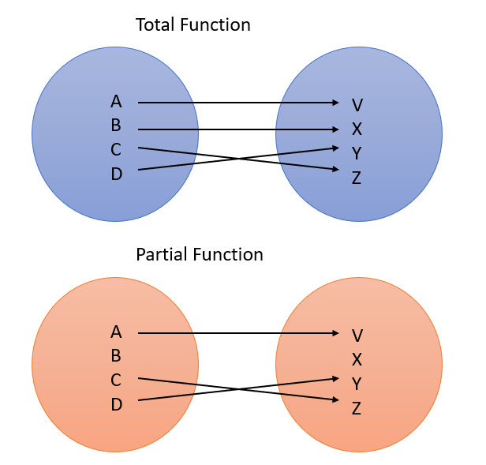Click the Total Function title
[193, 25]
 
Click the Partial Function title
[199, 255]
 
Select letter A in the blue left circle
[117, 102]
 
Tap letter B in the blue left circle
[117, 126]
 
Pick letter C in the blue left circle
[117, 149]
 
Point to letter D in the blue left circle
[117, 174]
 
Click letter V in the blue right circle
[357, 105]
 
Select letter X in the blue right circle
[357, 129]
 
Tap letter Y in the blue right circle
[357, 153]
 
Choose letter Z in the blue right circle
[357, 178]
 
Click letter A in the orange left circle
[117, 332]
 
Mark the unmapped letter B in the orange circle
[117, 356]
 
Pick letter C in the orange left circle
[117, 380]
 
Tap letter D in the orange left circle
[117, 404]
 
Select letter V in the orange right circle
[357, 336]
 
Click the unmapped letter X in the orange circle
[357, 360]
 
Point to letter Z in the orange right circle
[357, 408]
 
